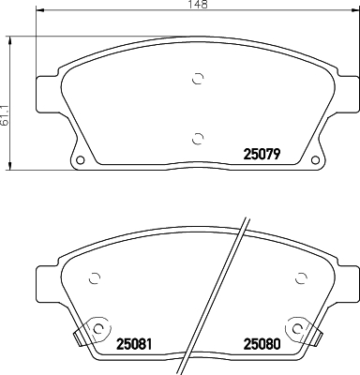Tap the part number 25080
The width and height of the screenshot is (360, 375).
pyautogui.click(x=261, y=343)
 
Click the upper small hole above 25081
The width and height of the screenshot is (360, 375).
pyautogui.click(x=94, y=277)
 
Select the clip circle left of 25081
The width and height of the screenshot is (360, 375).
pyautogui.click(x=95, y=329)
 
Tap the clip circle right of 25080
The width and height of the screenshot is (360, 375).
pyautogui.click(x=298, y=329)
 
